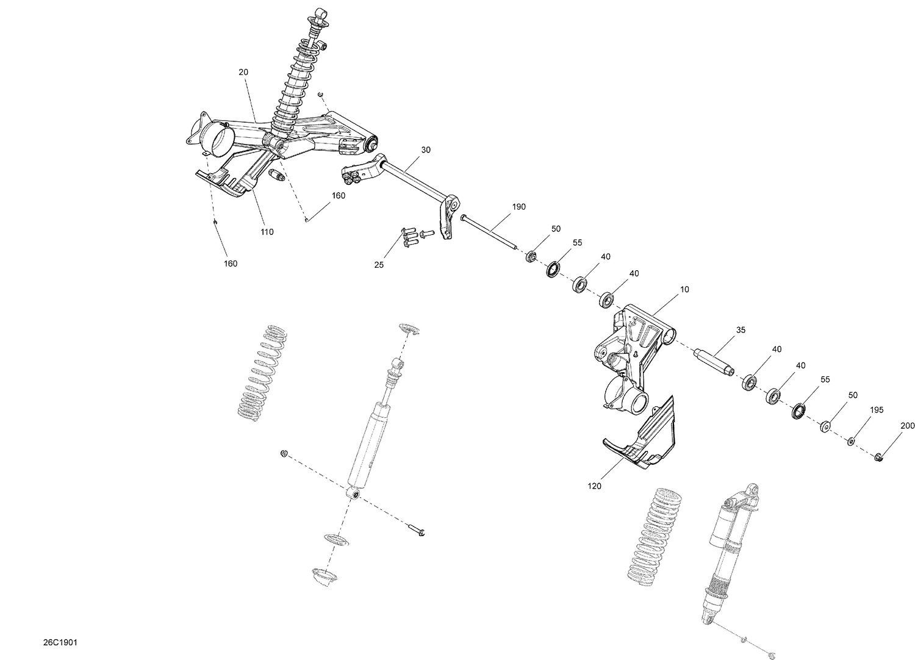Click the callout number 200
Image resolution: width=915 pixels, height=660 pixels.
[x=908, y=426]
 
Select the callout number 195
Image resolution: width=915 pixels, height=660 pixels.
[x=876, y=410]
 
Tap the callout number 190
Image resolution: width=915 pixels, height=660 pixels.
[x=518, y=207]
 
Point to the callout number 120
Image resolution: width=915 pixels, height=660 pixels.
[x=594, y=486]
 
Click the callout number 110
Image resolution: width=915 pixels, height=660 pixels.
[x=267, y=232]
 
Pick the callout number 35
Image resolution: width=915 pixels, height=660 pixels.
[x=741, y=330]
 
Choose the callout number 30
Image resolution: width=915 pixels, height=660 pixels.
[x=425, y=149]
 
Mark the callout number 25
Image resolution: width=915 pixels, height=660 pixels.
[x=379, y=265]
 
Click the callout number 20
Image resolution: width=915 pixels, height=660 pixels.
[x=243, y=72]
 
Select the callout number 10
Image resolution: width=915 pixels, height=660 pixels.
[x=684, y=289]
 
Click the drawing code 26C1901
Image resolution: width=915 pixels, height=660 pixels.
[x=60, y=643]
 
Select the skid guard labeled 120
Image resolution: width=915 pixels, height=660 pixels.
[x=640, y=436]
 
